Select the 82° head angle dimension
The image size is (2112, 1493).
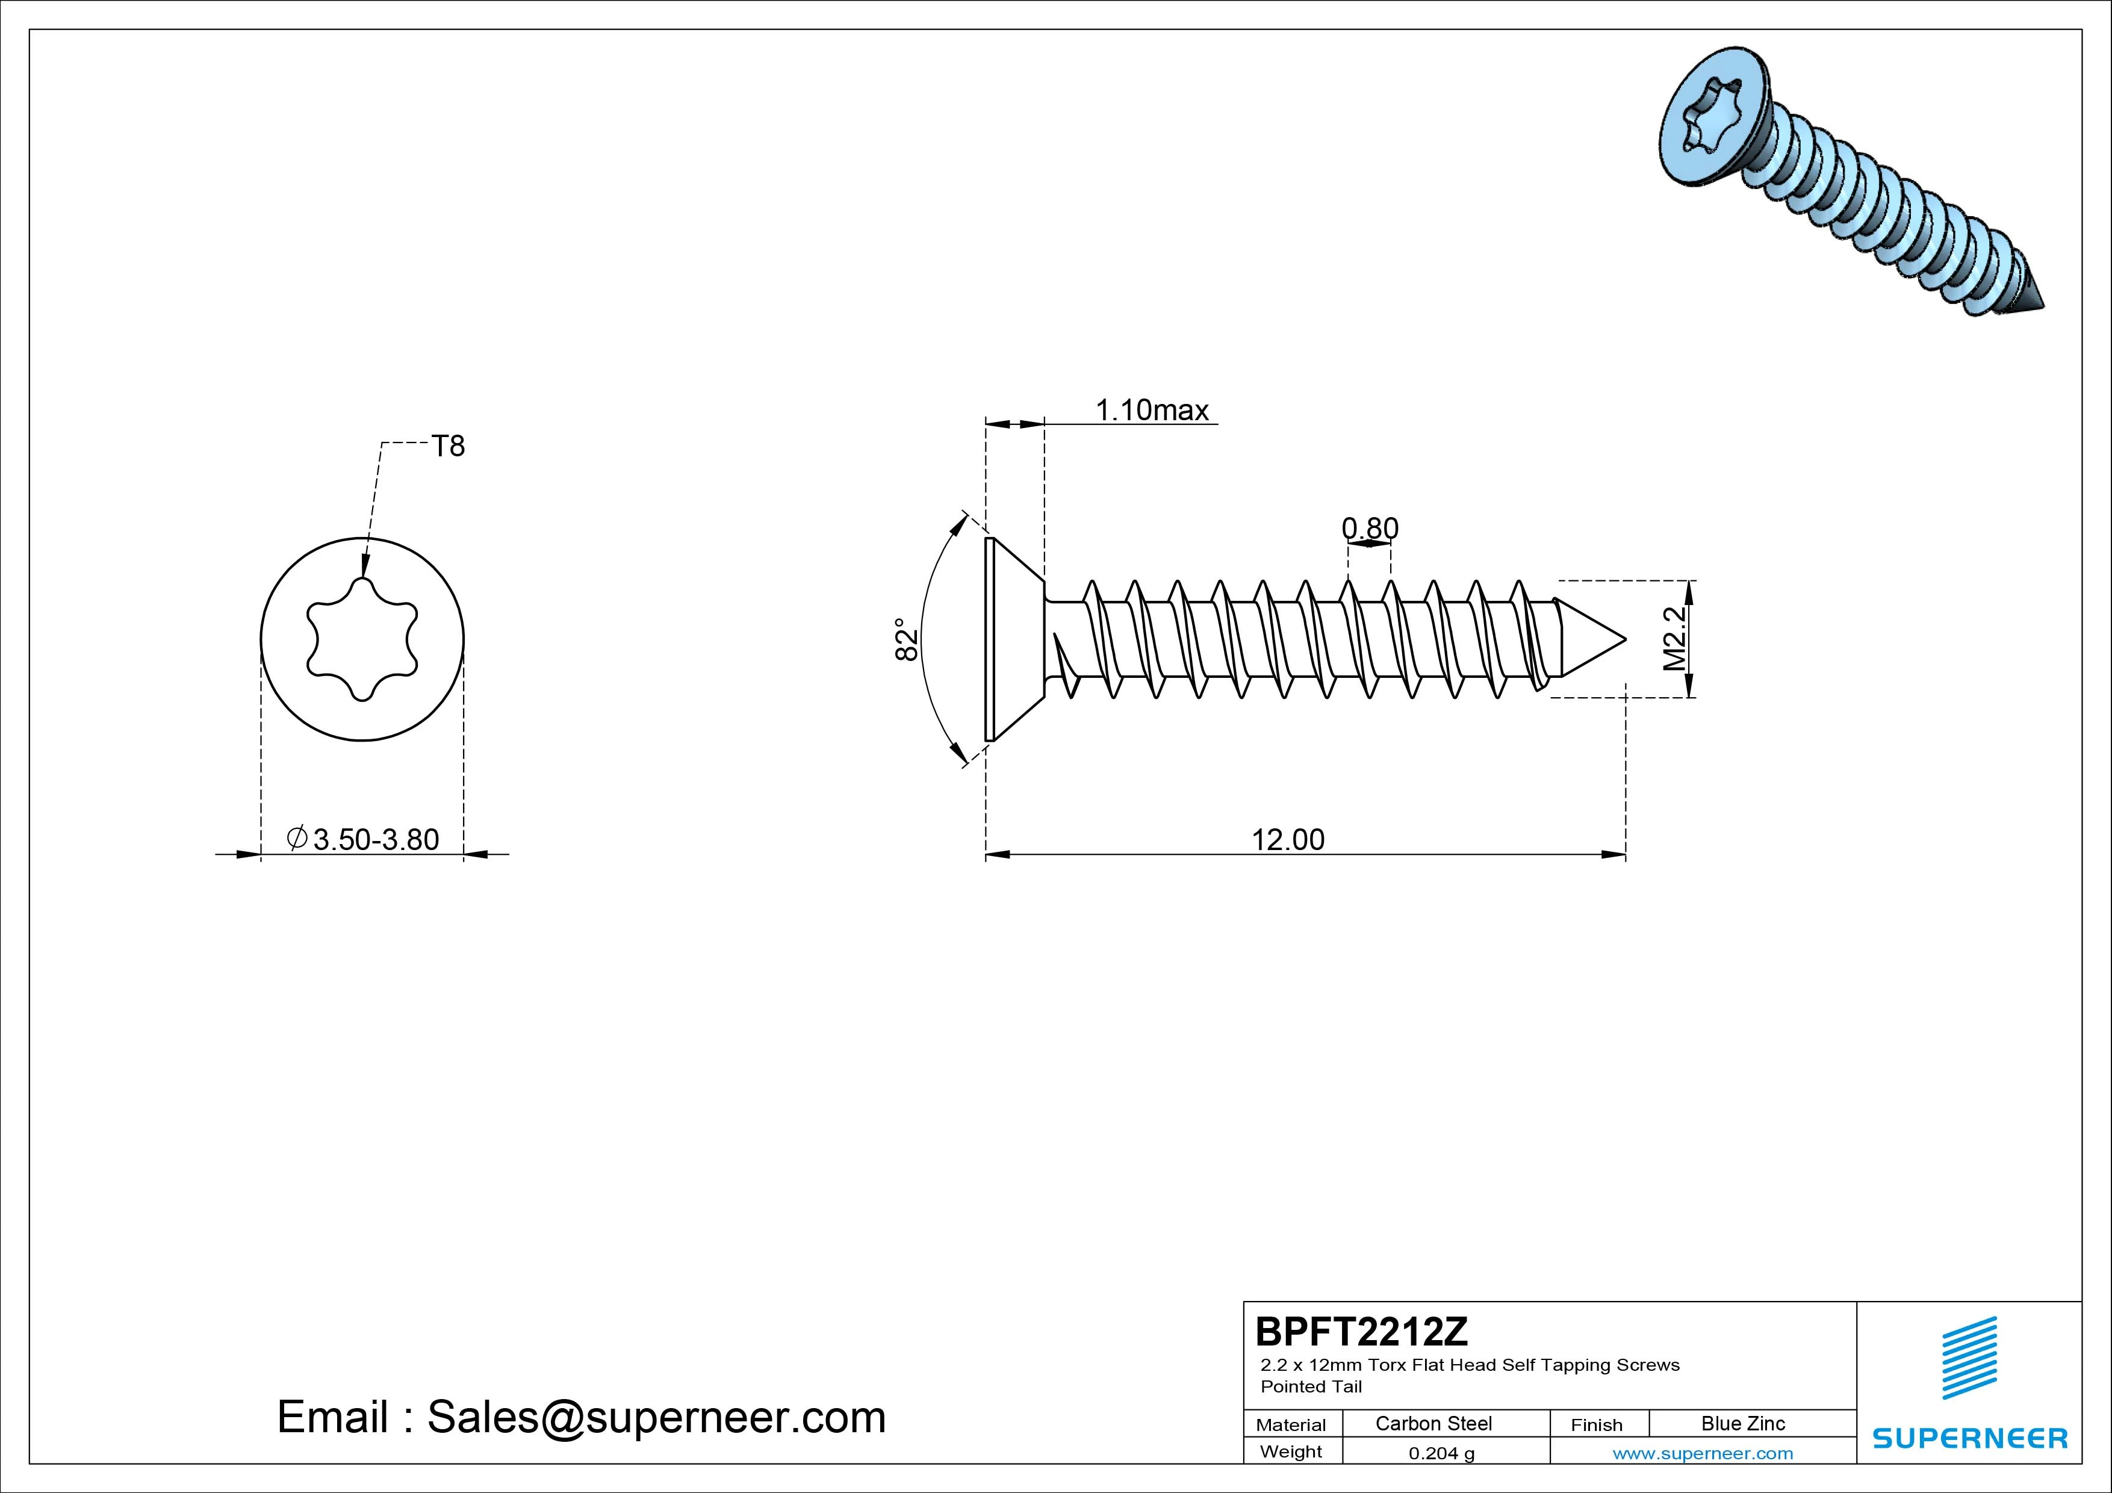tap(906, 639)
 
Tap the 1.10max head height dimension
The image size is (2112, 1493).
tap(1152, 411)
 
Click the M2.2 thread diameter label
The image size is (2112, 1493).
tap(1676, 638)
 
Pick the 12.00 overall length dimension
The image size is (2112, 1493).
tap(1288, 840)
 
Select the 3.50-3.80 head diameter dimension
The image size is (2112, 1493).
tap(364, 840)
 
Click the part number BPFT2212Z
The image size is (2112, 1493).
tap(1361, 1331)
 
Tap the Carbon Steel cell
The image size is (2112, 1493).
tap(1433, 1423)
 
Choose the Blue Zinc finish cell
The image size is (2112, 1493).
tap(1743, 1423)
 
